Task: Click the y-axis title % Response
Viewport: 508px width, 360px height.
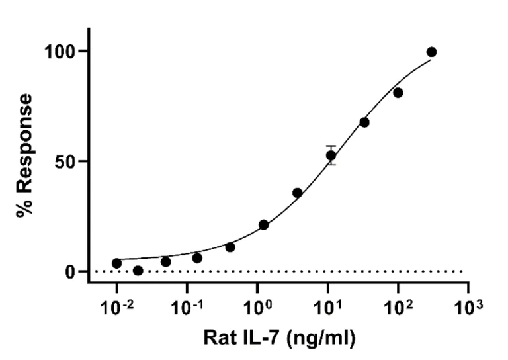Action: click(x=25, y=156)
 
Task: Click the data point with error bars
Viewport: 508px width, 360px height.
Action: click(x=331, y=156)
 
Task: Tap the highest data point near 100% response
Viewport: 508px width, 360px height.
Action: click(x=431, y=52)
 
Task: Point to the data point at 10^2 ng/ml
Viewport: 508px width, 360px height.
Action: click(x=398, y=93)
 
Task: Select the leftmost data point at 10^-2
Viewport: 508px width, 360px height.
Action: click(x=117, y=263)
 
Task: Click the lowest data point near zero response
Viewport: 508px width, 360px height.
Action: click(x=138, y=271)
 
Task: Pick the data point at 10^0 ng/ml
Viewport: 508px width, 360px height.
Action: click(x=264, y=225)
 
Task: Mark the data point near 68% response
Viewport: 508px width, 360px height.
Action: click(x=364, y=122)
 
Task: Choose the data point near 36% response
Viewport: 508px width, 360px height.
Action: click(x=298, y=193)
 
